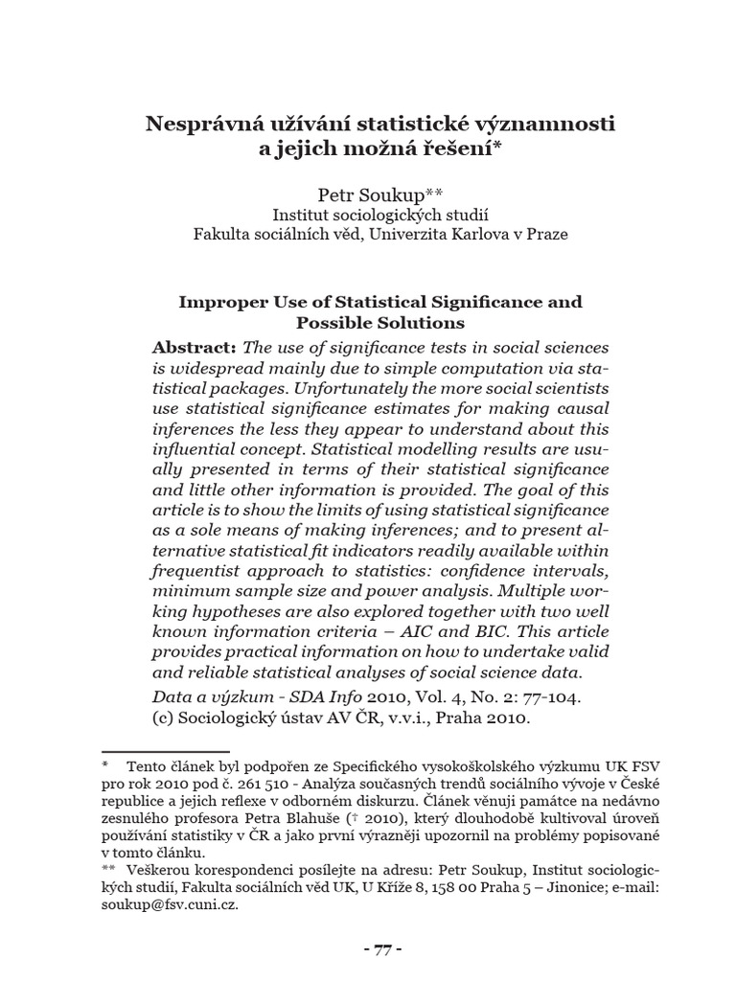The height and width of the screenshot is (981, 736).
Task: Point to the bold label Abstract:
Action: point(195,346)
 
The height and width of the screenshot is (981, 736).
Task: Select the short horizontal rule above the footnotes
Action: point(165,752)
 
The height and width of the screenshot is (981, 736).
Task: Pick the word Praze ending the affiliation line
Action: point(548,234)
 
